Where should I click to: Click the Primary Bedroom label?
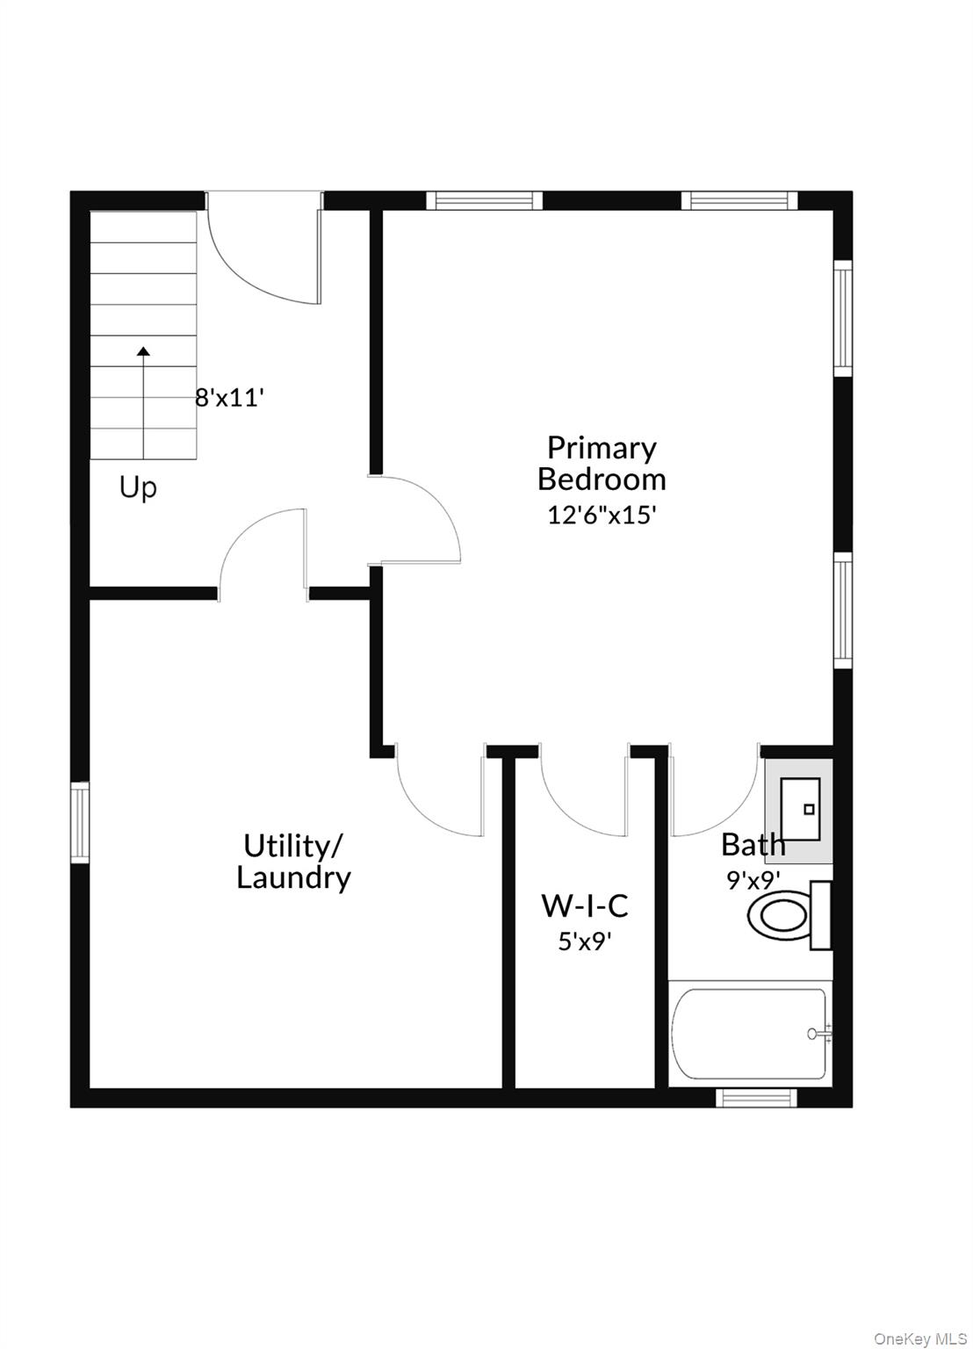click(x=602, y=464)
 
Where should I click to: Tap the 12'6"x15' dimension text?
click(x=602, y=515)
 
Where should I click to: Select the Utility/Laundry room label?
click(x=293, y=862)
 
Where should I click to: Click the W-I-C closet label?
click(x=584, y=905)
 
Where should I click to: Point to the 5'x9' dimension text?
click(x=584, y=941)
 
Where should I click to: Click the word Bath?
click(x=753, y=845)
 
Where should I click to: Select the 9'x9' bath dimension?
click(x=753, y=880)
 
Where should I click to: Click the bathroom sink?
click(x=800, y=807)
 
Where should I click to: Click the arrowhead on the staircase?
click(x=143, y=351)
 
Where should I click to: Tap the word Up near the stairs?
click(x=138, y=487)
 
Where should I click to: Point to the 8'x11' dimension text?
click(x=229, y=398)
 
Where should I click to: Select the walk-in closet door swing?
click(x=584, y=790)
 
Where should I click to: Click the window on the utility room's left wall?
click(x=80, y=822)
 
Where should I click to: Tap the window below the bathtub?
click(x=755, y=1097)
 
